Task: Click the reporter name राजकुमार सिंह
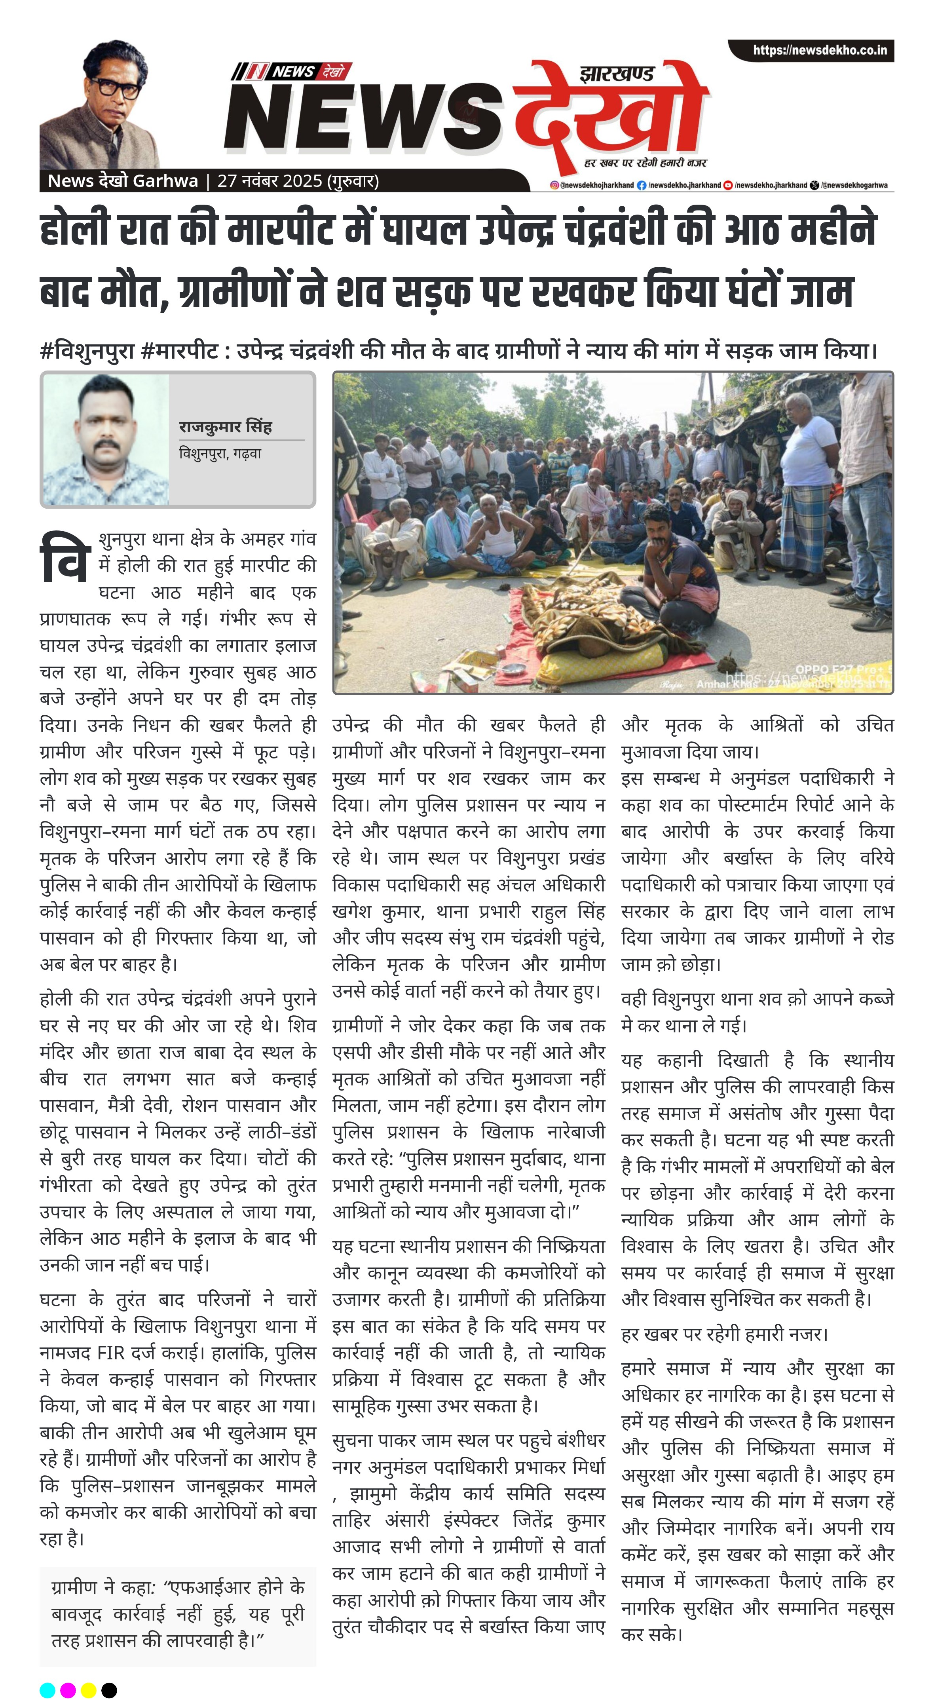pos(225,427)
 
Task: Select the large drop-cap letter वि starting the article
pos(64,559)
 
